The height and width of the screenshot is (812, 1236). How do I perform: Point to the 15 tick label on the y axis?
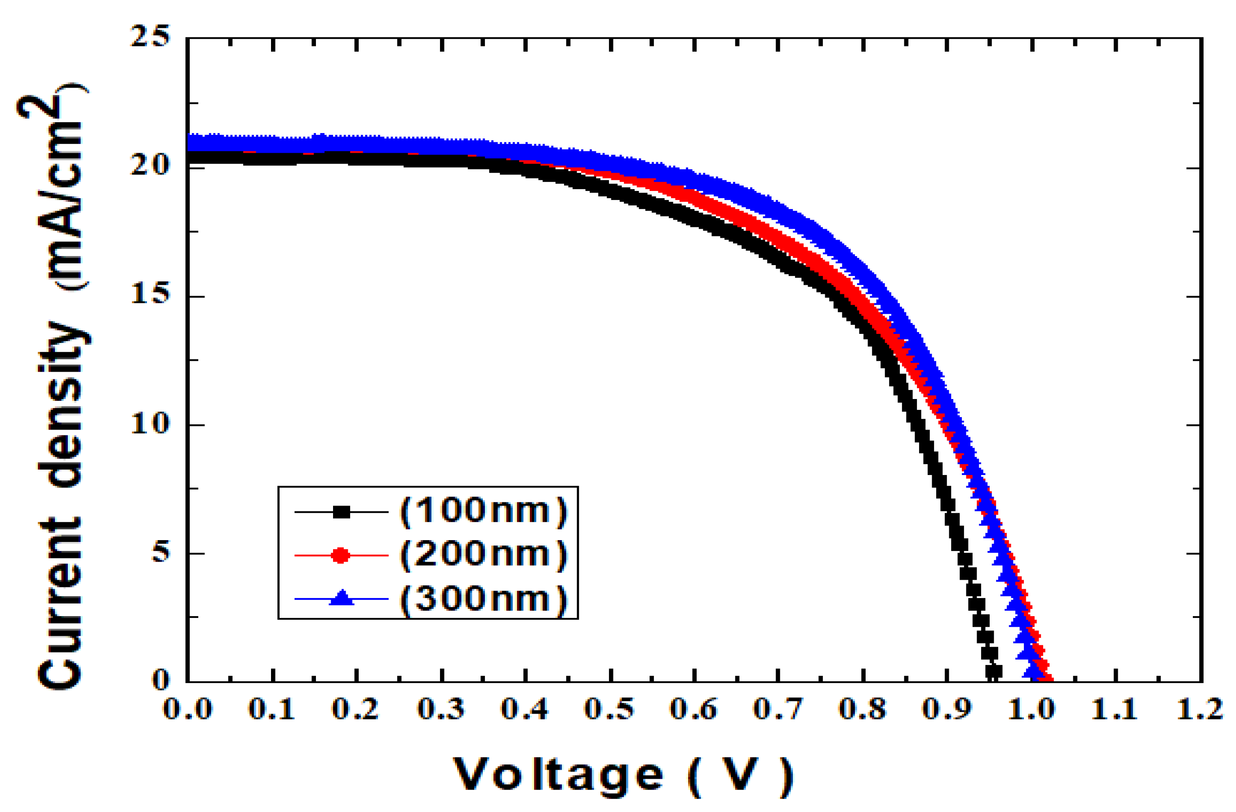click(150, 294)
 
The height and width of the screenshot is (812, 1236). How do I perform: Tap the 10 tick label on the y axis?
click(150, 424)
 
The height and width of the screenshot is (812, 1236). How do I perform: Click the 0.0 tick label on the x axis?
click(187, 709)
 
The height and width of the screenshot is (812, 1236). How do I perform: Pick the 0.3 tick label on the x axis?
click(441, 709)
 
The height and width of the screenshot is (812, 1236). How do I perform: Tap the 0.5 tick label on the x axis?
click(610, 709)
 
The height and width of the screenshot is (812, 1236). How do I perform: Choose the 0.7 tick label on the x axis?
click(778, 709)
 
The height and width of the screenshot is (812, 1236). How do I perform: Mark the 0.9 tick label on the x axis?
click(947, 709)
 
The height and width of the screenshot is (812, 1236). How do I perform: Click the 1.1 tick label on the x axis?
click(1115, 709)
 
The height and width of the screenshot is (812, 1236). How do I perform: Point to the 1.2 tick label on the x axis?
click(1200, 709)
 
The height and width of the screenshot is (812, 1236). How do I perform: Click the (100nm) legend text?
click(484, 511)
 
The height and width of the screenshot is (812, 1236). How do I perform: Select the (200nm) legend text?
click(484, 555)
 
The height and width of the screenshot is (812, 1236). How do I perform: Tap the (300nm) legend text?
click(484, 599)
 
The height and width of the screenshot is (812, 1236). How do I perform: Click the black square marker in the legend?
click(341, 512)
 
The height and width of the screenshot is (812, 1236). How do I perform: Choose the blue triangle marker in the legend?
click(342, 598)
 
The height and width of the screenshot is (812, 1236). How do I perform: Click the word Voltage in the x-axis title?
click(558, 776)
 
